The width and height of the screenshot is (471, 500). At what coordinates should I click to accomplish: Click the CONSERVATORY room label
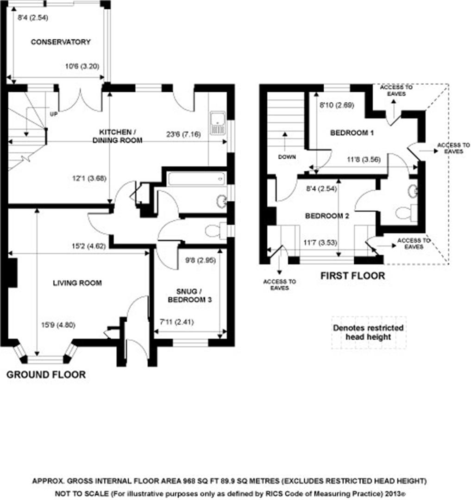coord(60,42)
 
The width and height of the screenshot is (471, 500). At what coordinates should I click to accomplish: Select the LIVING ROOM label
coord(77,283)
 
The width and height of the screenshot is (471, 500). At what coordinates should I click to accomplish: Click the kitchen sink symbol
coord(217,123)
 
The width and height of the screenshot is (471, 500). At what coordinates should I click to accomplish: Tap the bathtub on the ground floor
coord(197,178)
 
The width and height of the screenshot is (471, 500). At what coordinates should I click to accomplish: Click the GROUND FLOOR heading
coord(46,375)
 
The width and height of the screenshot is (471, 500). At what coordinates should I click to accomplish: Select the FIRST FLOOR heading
coord(353,276)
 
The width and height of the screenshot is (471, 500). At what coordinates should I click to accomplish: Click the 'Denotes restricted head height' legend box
coord(369,332)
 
